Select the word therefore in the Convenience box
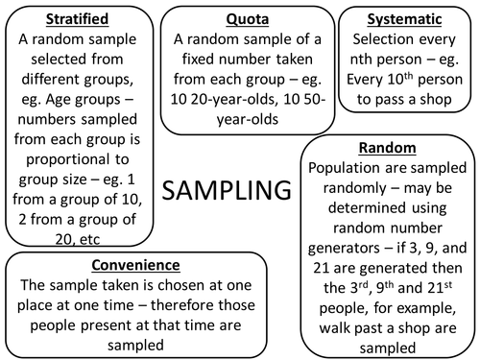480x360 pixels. point(198,305)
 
